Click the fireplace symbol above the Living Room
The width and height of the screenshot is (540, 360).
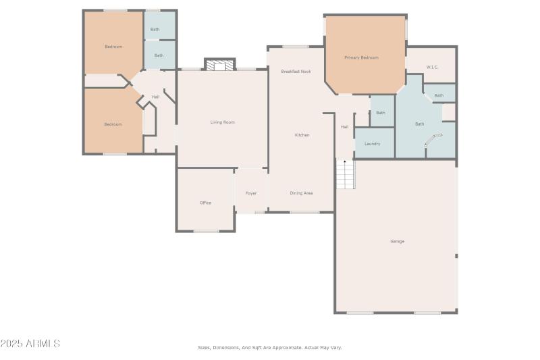pos(219,66)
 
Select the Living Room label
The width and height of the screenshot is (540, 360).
pos(222,122)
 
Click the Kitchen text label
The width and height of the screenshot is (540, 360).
pos(302,135)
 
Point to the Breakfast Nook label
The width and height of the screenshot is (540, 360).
pos(296,71)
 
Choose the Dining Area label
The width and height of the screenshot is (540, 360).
pos(301,193)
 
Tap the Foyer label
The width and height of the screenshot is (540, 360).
pos(251,193)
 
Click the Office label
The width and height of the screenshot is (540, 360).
pos(205,203)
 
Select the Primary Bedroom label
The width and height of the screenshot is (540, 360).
pos(361,57)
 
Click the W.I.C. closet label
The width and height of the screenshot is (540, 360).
pos(433,67)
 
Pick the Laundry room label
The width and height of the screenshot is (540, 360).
pos(372,144)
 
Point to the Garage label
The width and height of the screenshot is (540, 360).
pos(397,241)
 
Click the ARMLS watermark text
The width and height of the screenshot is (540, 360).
pos(30,344)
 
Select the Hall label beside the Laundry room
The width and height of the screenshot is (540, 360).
pos(344,127)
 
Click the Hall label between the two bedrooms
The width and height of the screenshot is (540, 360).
pos(155,97)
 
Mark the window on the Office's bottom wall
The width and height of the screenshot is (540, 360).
pos(206,232)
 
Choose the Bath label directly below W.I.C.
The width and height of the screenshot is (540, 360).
pos(439,95)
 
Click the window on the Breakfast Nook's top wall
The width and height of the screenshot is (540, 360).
pos(295,47)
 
